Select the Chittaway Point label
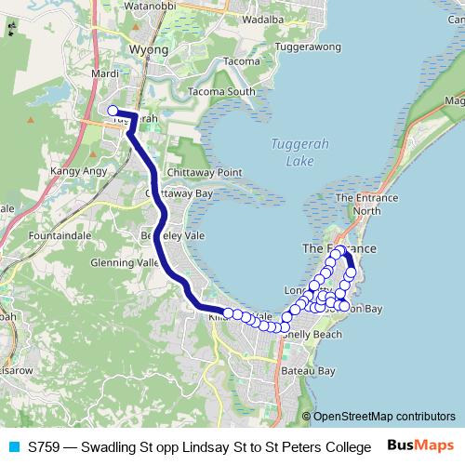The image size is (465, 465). (204, 173)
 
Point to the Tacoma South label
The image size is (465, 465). (220, 91)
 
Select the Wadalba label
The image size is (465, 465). (261, 18)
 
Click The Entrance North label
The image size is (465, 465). (358, 204)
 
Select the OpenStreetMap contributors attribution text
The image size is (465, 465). (384, 417)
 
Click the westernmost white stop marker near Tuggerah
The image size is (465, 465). (113, 111)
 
